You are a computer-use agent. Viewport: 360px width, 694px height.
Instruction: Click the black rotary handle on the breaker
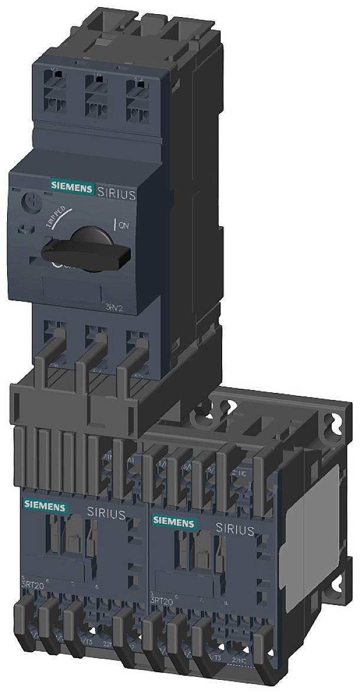click(x=88, y=248)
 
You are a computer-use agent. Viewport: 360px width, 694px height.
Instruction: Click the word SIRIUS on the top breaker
click(x=115, y=194)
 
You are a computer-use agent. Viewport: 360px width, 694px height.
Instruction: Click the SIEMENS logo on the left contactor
click(x=44, y=504)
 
